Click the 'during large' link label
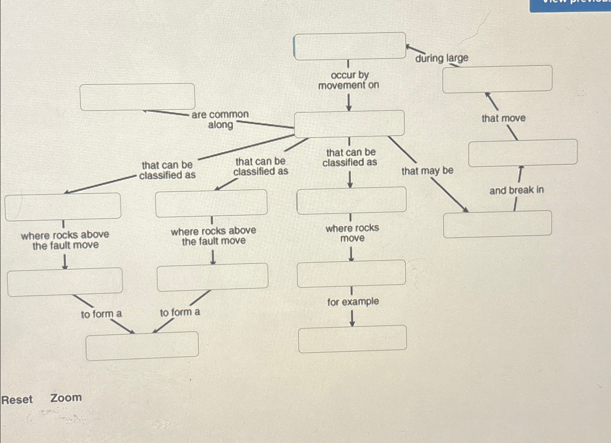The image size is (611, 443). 442,58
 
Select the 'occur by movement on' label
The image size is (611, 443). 349,80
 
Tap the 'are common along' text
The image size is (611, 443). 220,120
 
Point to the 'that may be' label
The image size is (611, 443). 427,171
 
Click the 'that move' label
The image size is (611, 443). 503,118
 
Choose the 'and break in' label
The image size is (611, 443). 516,190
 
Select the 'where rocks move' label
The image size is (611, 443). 352,233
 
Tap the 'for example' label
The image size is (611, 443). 353,302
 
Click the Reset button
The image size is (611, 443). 17,400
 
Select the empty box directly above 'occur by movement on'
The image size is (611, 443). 350,46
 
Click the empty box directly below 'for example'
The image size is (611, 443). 352,339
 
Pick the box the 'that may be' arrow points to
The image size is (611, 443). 497,224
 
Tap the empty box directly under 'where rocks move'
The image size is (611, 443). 351,273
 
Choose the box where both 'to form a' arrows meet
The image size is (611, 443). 142,345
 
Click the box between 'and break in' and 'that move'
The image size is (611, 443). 523,153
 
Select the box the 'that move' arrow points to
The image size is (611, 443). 497,79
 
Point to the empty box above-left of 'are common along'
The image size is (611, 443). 137,97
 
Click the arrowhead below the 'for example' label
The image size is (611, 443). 352,323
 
